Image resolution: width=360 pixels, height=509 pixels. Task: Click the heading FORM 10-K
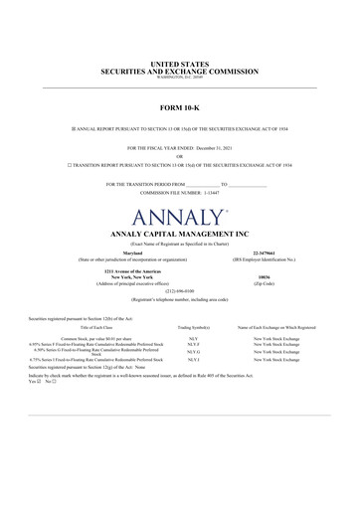(x=180, y=104)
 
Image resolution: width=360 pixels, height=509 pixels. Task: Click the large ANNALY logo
(x=178, y=216)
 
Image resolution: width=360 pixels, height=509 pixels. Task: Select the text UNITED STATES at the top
(x=179, y=65)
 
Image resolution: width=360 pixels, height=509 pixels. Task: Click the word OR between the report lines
(x=179, y=155)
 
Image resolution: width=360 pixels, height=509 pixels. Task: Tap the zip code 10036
(x=264, y=278)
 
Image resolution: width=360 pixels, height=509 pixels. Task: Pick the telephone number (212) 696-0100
(x=179, y=291)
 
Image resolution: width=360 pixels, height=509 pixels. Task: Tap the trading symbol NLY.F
(x=193, y=344)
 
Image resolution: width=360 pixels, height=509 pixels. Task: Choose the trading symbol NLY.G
(x=193, y=352)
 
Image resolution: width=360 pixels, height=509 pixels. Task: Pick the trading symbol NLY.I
(x=193, y=359)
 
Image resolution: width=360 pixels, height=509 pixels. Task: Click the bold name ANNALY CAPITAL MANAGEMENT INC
(x=179, y=234)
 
